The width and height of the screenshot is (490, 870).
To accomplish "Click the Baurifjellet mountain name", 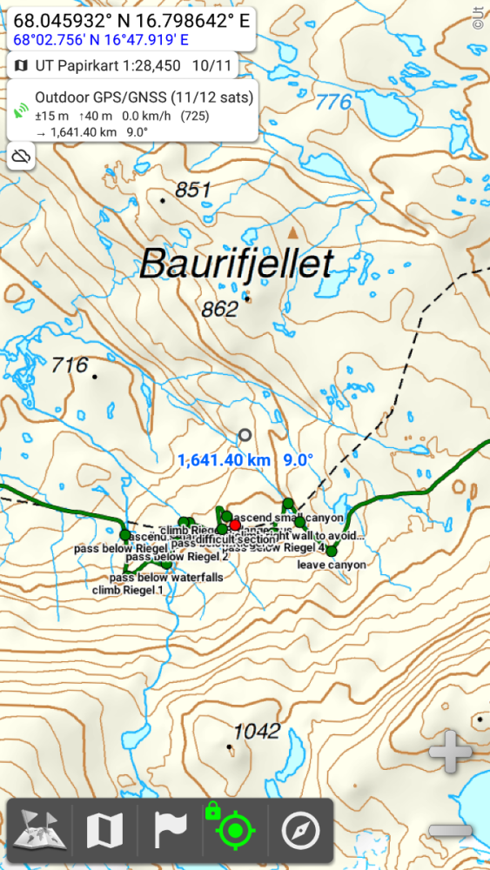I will tap(237, 264).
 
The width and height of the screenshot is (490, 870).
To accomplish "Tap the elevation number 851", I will tap(193, 190).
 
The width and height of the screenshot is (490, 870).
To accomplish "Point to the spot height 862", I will tap(219, 309).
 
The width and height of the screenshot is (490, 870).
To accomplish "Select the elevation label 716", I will tap(70, 365).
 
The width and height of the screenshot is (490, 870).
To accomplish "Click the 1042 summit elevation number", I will tap(258, 731).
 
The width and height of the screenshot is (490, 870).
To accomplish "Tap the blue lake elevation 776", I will tap(333, 102).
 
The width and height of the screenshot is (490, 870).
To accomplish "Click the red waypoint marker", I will tap(235, 525).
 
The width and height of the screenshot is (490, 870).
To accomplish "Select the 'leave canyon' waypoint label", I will tap(331, 565).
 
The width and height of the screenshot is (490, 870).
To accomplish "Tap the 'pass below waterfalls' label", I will tap(166, 578).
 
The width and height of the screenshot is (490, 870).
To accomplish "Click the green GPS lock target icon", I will tap(234, 832).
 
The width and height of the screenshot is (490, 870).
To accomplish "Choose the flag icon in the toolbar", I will tap(171, 832).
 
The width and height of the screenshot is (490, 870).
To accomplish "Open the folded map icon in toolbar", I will tap(105, 832).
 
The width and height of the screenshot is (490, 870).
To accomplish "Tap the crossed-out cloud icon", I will tap(23, 157).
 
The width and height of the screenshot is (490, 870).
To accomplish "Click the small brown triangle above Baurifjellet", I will tap(293, 232).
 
